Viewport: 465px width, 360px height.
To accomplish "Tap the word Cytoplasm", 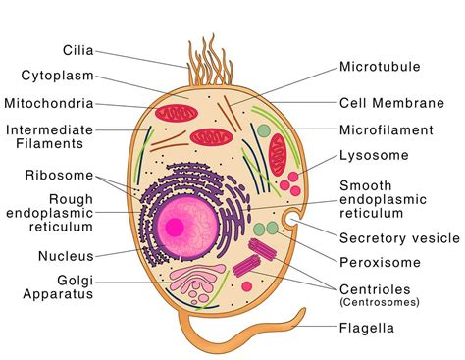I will point(57,75).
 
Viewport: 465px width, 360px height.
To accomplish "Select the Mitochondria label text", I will point(49,102).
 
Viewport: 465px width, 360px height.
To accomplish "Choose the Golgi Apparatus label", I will point(60,285).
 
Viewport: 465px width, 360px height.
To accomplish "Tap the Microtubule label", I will point(380,68).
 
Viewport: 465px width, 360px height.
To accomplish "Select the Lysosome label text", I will point(372,155).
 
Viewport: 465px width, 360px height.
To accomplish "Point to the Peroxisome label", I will point(379,262).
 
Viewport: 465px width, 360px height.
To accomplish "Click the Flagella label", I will point(367,328).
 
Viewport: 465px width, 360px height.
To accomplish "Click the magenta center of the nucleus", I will point(175,227).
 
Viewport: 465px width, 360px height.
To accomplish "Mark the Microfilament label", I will point(386,129).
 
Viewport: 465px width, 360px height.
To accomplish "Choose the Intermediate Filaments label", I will point(49,137).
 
